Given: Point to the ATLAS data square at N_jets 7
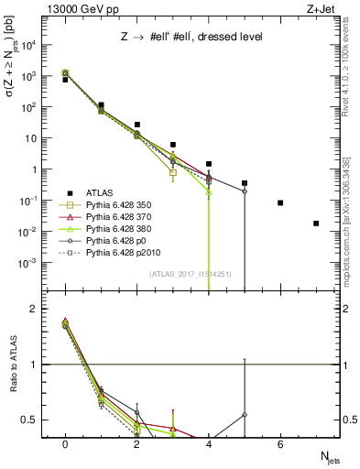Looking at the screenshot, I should point(316,224).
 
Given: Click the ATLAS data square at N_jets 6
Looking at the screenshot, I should point(280,202).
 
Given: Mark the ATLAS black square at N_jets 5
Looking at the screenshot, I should point(245,183).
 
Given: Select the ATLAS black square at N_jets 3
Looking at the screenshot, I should point(173,145).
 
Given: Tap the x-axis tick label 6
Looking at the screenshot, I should point(280,444).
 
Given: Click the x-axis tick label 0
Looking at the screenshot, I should point(65,444).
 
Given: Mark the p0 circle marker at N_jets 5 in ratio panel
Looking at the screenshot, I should point(245,415).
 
